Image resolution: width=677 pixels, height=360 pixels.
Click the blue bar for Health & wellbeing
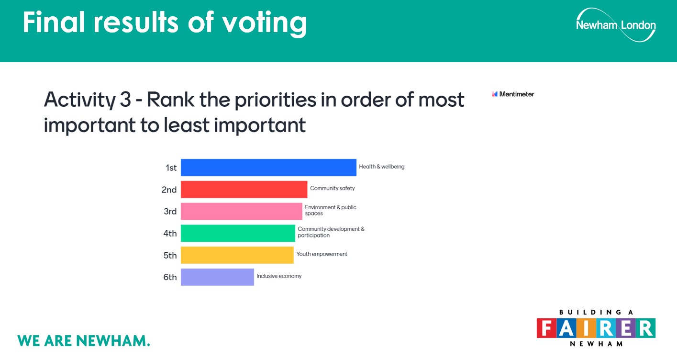pyautogui.click(x=268, y=168)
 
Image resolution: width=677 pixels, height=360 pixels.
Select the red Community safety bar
pyautogui.click(x=244, y=190)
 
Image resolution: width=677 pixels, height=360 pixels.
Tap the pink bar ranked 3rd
pyautogui.click(x=242, y=211)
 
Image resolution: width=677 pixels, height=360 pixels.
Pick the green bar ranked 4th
pyautogui.click(x=238, y=233)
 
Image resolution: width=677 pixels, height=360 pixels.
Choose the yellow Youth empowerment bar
pyautogui.click(x=237, y=255)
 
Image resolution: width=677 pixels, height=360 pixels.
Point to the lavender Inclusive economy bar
pyautogui.click(x=217, y=277)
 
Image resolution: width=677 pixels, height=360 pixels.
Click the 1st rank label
pyautogui.click(x=171, y=168)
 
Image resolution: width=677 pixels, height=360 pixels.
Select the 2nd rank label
pyautogui.click(x=169, y=190)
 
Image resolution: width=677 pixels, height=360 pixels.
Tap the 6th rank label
pyautogui.click(x=170, y=277)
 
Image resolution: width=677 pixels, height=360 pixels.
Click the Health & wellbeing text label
pyautogui.click(x=381, y=167)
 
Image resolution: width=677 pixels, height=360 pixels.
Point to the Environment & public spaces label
pyautogui.click(x=330, y=210)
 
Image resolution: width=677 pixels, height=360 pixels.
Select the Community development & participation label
pyautogui.click(x=331, y=232)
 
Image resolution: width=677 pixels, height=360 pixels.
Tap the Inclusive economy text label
pyautogui.click(x=279, y=276)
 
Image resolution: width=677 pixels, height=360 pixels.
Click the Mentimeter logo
pyautogui.click(x=513, y=94)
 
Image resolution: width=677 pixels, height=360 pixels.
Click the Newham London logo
pyautogui.click(x=616, y=25)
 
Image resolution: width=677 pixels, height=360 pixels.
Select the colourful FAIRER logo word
pyautogui.click(x=596, y=328)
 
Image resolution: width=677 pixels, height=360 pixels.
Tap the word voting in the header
pyautogui.click(x=265, y=23)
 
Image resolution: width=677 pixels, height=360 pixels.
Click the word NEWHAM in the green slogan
pyautogui.click(x=113, y=341)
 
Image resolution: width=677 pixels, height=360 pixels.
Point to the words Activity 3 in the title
pyautogui.click(x=88, y=100)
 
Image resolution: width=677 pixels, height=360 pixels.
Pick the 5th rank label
pyautogui.click(x=170, y=255)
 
